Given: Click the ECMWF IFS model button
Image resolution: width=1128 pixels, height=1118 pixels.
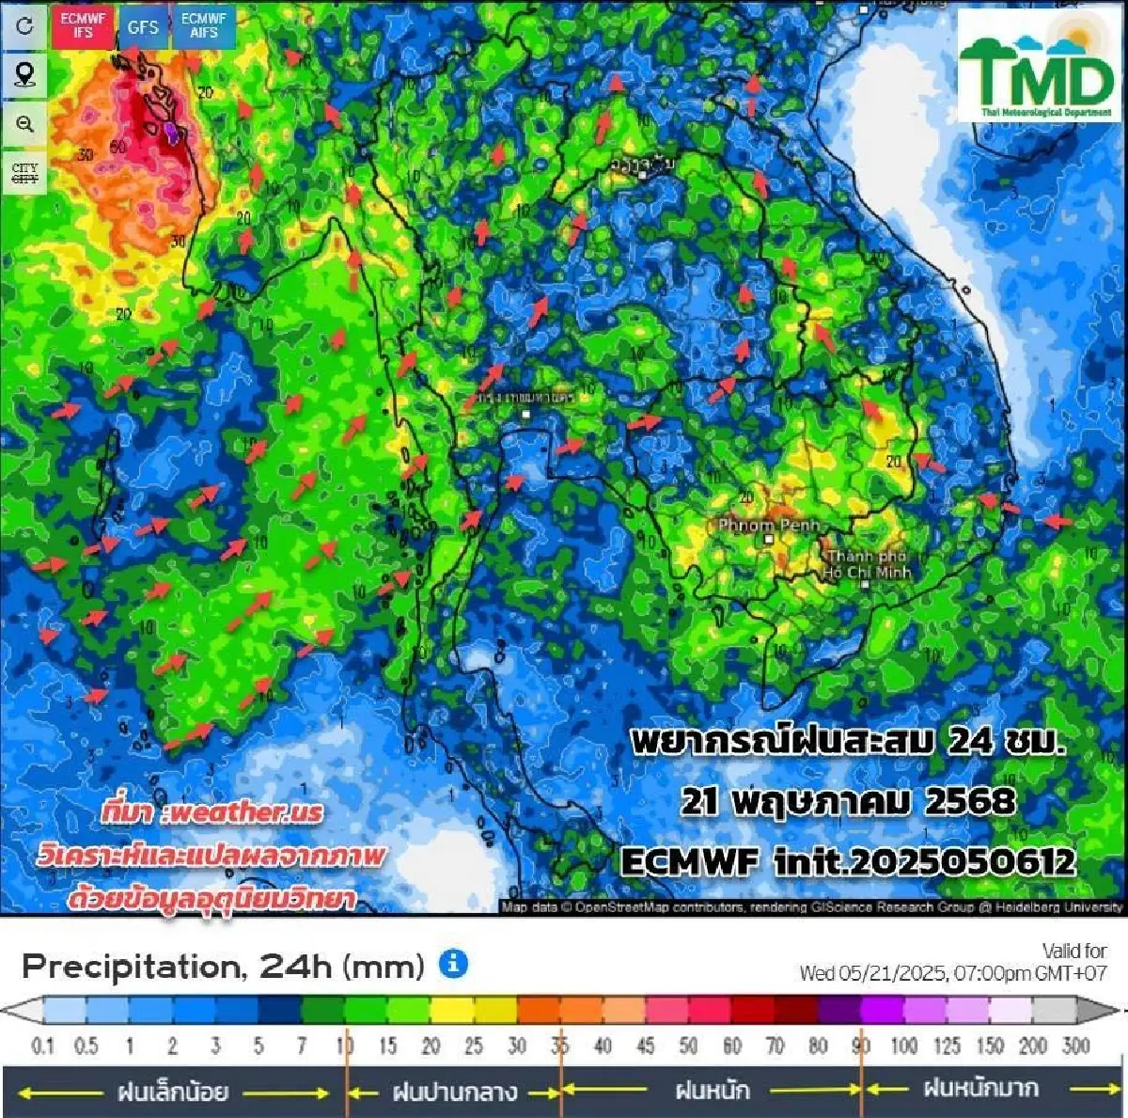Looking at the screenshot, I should (x=84, y=25).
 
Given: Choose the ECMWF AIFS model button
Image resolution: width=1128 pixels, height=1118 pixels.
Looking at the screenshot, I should (x=204, y=25).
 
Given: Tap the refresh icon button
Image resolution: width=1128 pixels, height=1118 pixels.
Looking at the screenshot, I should (x=24, y=25).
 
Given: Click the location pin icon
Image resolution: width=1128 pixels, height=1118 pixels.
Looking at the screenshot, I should (x=24, y=74).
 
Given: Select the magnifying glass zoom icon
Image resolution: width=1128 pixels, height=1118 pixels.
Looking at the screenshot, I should (x=24, y=124).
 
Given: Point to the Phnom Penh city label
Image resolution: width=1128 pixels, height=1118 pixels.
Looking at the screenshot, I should (x=768, y=526).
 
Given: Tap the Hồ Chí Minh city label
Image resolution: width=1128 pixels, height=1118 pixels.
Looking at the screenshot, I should (x=867, y=565).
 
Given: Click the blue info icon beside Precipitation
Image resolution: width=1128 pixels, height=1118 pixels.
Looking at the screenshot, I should (x=453, y=964).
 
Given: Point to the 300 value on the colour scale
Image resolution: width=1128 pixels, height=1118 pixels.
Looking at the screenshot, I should (x=1075, y=1046).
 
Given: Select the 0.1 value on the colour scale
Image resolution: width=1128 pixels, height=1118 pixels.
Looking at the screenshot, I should (x=43, y=1046).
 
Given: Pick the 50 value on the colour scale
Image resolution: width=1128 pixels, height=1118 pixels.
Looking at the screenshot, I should (x=688, y=1046).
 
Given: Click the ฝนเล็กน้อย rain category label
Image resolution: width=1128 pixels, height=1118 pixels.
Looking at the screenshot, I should (x=173, y=1092).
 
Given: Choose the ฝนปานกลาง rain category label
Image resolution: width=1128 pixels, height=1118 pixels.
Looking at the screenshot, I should (x=454, y=1092).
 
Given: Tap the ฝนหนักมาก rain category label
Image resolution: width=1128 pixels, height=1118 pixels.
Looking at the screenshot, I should (x=980, y=1089).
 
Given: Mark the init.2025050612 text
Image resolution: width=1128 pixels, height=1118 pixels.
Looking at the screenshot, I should (x=924, y=861).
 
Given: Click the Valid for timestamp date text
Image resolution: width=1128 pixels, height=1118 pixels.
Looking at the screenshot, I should (x=953, y=973).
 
